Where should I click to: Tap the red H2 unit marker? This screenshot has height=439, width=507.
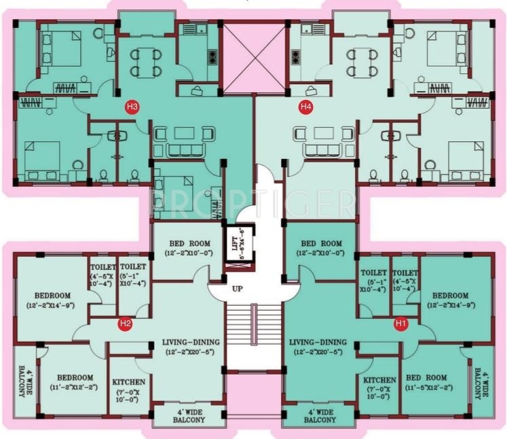[x=125, y=323]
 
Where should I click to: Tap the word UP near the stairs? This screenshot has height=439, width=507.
[x=237, y=288]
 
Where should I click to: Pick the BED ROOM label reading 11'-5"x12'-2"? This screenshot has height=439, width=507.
[x=426, y=383]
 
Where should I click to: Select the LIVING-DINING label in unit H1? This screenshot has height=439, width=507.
[x=318, y=347]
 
